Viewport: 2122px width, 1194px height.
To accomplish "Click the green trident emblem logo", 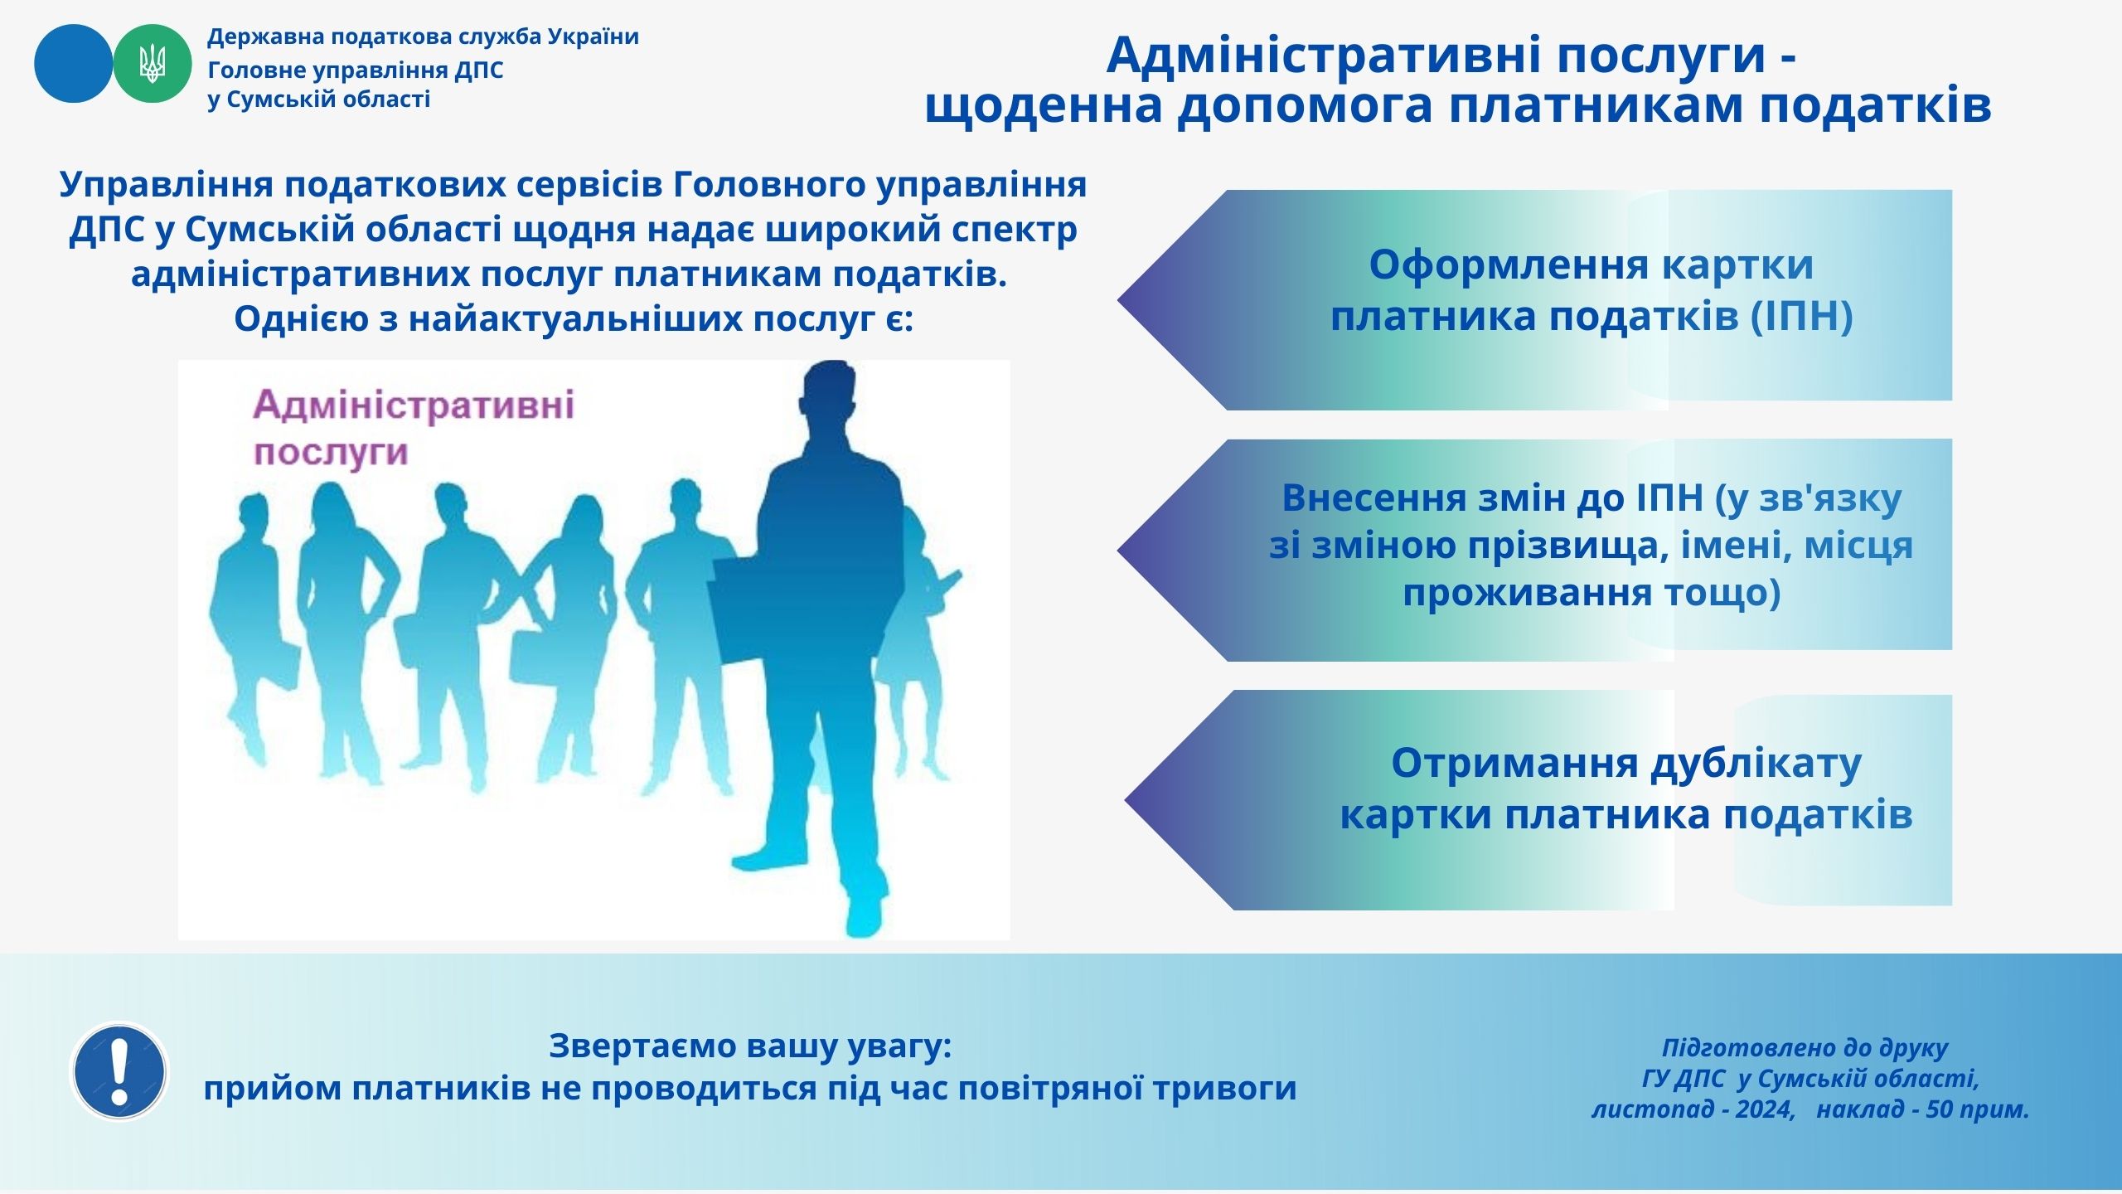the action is tap(153, 64).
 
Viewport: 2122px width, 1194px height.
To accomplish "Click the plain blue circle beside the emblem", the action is tap(73, 64).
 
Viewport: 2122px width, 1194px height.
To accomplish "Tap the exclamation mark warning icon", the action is tap(120, 1071).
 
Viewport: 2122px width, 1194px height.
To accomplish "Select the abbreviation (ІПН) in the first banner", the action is tap(1801, 316).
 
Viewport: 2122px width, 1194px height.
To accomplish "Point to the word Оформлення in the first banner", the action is tap(1509, 265).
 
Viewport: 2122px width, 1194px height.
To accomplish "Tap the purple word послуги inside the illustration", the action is tap(331, 454).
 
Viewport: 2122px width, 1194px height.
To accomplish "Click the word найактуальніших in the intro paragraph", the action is tap(577, 318).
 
